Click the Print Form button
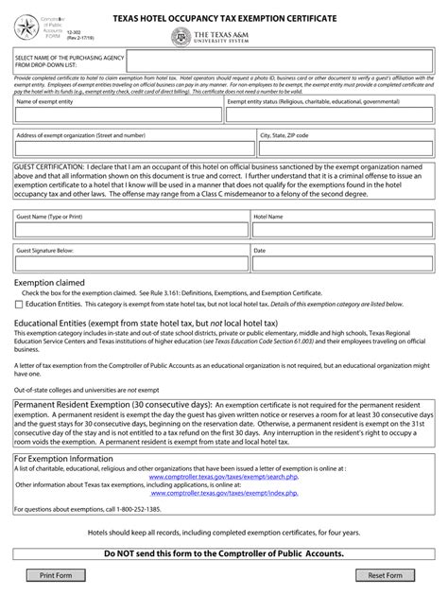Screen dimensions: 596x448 pos(56,575)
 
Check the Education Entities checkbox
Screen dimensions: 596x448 pos(20,306)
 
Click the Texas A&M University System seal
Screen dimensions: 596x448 pos(180,37)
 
